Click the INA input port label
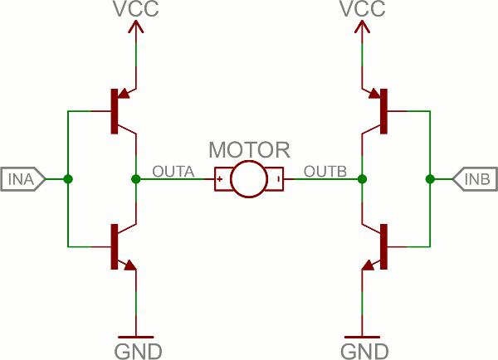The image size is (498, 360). (23, 179)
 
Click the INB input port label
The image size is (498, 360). (475, 179)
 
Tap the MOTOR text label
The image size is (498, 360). (249, 149)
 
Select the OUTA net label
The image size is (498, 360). (173, 172)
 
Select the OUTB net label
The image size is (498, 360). (325, 172)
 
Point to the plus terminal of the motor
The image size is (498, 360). (219, 179)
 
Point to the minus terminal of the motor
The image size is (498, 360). (279, 179)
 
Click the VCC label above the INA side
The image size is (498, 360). (136, 8)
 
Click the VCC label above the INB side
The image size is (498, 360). (363, 8)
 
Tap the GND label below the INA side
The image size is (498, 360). (138, 352)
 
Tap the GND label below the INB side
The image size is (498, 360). (364, 352)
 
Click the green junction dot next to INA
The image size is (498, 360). (68, 179)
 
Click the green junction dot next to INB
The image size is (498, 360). (430, 179)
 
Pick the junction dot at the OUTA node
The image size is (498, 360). (136, 179)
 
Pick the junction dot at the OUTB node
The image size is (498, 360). (362, 179)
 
